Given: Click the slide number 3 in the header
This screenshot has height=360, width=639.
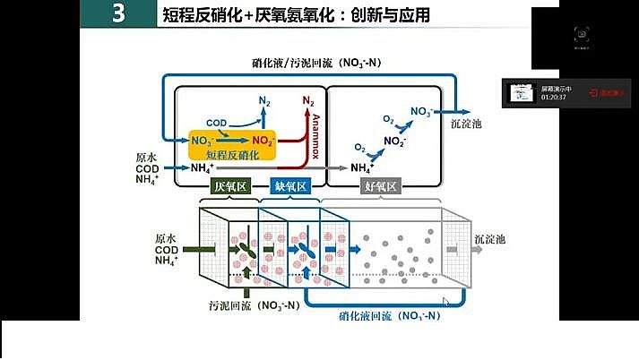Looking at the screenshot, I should point(119,15).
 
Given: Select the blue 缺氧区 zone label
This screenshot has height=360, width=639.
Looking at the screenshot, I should point(289,186).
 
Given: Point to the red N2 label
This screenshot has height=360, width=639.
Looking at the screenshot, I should point(308,101).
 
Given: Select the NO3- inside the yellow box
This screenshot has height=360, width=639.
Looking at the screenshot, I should point(203,141).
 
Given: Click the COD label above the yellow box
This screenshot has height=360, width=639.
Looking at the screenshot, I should point(216,123).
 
